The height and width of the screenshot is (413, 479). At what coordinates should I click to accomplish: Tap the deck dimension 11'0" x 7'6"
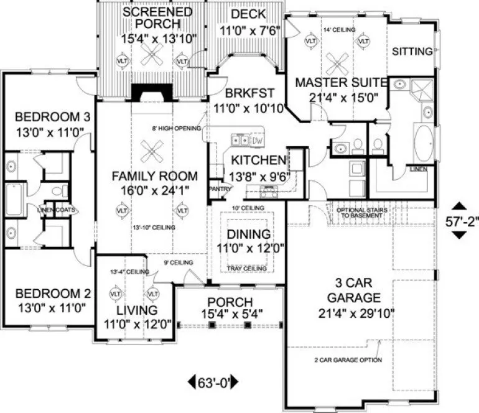click(247, 29)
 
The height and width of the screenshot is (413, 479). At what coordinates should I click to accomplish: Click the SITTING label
click(412, 52)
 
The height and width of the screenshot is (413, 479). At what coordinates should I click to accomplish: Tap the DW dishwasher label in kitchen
click(257, 139)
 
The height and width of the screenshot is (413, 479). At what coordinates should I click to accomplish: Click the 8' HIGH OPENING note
click(176, 129)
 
